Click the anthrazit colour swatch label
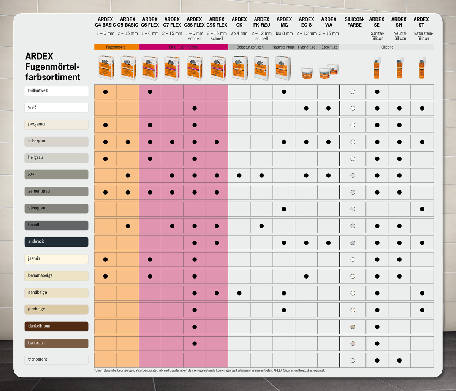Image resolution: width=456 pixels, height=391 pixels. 56,242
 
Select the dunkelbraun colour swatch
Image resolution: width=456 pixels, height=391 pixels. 56,326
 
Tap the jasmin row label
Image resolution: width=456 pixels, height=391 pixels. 56,259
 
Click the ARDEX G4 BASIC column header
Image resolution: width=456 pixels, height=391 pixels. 105,22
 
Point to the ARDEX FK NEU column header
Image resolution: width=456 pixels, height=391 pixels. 261,22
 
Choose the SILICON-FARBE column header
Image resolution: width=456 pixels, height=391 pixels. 354,22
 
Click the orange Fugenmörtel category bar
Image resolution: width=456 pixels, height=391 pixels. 116,47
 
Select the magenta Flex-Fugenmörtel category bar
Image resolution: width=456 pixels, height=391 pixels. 183,47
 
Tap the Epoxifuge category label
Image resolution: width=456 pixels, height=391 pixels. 329,47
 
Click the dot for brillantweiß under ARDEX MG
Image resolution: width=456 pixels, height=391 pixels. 284,92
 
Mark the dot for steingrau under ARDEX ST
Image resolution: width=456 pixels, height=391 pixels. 422,209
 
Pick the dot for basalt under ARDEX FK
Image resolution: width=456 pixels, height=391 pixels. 261,226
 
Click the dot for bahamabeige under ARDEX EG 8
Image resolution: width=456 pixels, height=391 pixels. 306,276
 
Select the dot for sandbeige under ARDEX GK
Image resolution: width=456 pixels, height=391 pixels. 239,293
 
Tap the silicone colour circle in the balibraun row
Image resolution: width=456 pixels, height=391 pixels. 353,344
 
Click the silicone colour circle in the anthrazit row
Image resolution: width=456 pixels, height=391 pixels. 353,243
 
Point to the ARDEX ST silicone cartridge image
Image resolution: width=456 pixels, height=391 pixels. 421,68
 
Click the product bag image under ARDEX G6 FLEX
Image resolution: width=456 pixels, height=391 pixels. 150,68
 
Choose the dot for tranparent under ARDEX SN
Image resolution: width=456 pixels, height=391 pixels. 399,360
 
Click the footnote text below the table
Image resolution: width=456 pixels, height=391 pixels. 209,370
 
